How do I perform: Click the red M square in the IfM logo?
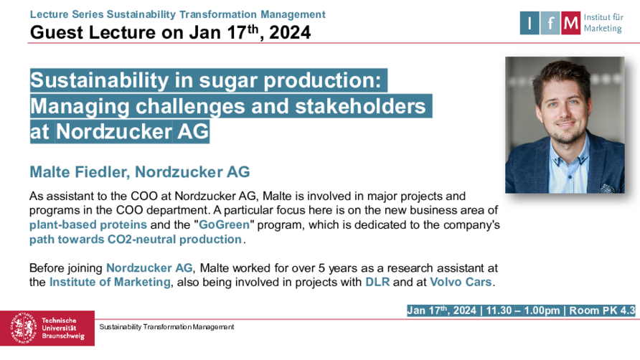click(570, 23)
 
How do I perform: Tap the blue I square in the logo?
click(530, 23)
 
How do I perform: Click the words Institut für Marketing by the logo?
click(603, 23)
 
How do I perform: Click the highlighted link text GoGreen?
click(224, 225)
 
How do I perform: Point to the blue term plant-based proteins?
click(88, 225)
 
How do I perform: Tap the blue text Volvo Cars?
click(461, 282)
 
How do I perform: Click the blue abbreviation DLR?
click(377, 282)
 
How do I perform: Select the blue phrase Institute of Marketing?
click(110, 282)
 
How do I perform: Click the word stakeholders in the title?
click(360, 106)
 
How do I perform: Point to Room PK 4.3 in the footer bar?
click(602, 311)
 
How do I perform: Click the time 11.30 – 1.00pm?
click(523, 311)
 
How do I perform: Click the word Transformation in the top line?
click(218, 14)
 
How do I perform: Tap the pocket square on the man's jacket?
click(607, 189)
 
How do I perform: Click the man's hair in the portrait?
click(562, 75)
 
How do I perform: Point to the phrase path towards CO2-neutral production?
click(136, 240)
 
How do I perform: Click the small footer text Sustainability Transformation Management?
click(166, 327)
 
